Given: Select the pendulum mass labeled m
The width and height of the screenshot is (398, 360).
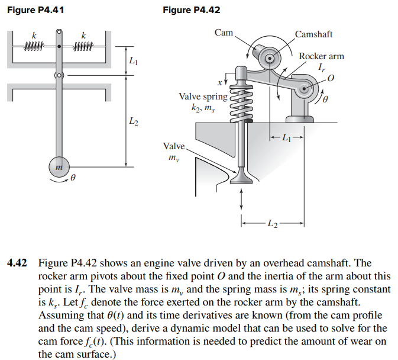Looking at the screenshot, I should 58,168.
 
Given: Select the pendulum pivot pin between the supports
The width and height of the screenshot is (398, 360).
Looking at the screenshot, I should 59,76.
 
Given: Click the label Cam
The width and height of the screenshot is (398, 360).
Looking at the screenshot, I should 224,32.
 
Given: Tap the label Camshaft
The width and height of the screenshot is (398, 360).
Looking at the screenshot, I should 314,34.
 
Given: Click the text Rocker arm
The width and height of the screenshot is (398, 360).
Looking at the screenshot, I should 321,56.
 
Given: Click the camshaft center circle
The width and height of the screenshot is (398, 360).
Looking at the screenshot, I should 270,58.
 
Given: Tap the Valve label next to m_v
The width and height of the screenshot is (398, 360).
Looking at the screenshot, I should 173,145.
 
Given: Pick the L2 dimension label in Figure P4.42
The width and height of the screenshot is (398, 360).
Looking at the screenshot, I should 271,223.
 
